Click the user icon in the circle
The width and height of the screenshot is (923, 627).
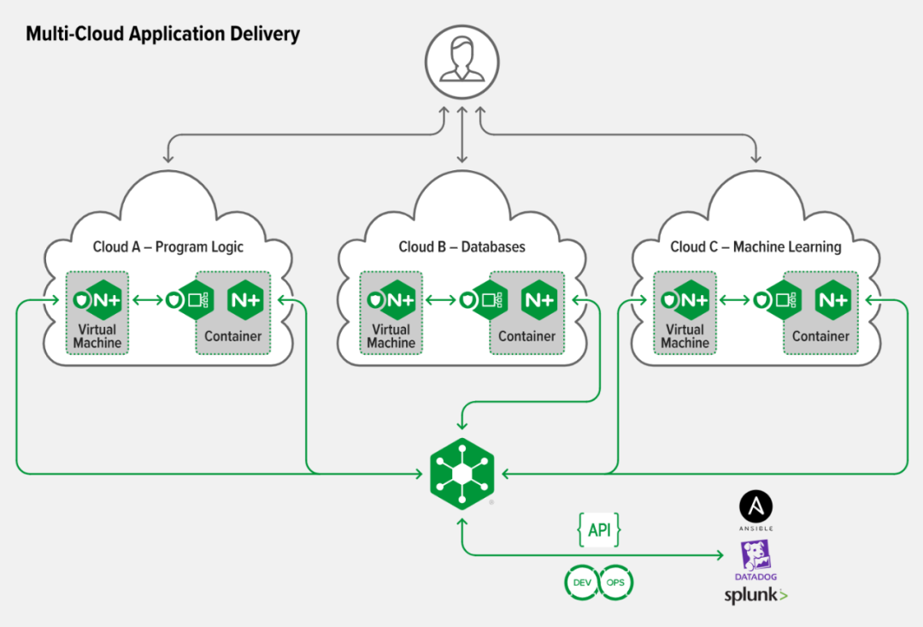click(462, 62)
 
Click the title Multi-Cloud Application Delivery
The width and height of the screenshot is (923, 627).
click(162, 33)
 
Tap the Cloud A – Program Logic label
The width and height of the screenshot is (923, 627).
click(168, 246)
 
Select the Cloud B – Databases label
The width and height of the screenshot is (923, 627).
click(461, 246)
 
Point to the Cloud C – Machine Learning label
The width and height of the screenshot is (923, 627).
click(755, 246)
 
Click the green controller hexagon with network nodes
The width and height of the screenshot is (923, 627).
click(462, 473)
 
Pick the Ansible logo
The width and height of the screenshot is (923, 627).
click(755, 511)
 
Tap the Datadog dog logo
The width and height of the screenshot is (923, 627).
click(755, 560)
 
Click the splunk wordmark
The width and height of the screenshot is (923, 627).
click(755, 595)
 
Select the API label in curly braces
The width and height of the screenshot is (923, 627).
click(599, 529)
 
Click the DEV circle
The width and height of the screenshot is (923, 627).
click(582, 583)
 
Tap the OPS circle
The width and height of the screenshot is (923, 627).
click(615, 583)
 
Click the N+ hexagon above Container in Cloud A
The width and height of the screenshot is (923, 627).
click(245, 300)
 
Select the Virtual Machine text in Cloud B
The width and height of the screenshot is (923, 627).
click(391, 336)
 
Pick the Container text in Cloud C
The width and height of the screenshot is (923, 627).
click(820, 336)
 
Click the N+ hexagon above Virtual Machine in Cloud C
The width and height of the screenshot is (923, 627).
click(692, 300)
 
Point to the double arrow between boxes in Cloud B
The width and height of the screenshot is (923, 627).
click(440, 300)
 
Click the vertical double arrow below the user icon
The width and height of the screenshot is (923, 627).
click(462, 135)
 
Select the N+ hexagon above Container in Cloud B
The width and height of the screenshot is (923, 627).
click(539, 300)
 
